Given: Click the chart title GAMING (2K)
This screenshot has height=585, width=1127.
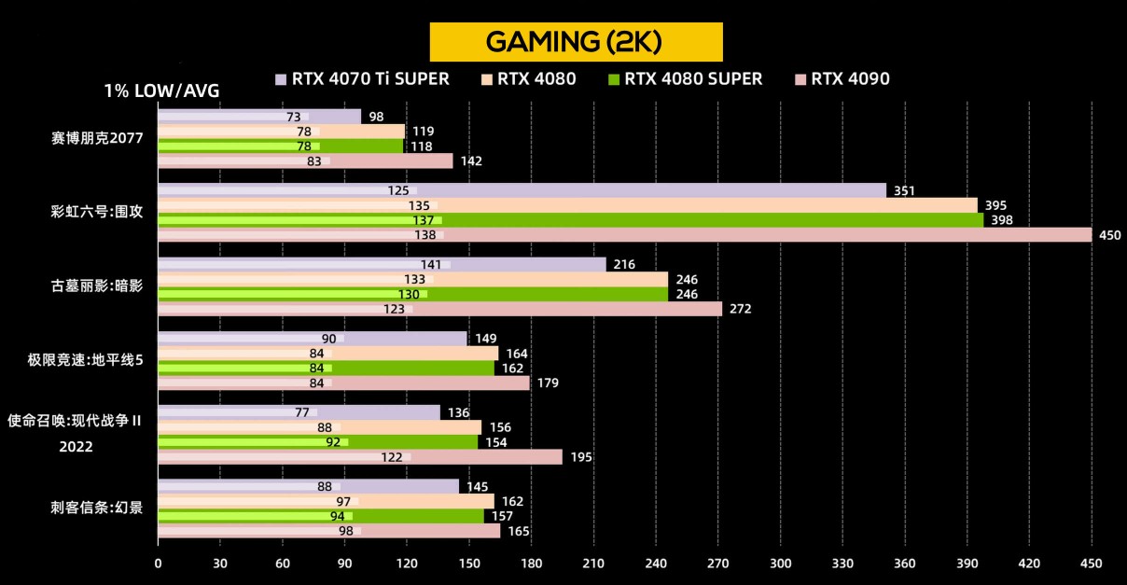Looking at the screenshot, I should (x=576, y=41).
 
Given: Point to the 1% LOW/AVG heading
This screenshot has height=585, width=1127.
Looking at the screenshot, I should (x=162, y=92).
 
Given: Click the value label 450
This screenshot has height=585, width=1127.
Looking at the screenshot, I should (x=1109, y=236).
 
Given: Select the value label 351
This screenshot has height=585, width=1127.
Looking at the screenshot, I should (x=904, y=191).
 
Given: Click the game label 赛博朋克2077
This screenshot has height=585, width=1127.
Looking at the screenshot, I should (x=97, y=139).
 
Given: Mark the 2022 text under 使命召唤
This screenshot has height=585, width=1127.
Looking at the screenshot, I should (x=75, y=448).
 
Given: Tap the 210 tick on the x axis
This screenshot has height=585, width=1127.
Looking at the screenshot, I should (x=593, y=564).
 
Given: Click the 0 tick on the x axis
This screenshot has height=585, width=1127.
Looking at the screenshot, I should (x=158, y=564).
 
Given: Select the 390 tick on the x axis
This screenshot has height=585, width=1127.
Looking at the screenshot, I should (x=967, y=564).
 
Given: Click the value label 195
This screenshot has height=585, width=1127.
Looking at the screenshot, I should (x=580, y=458).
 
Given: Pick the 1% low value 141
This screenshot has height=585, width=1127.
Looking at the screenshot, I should (x=431, y=265).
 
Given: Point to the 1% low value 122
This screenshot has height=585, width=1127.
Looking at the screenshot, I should (x=392, y=458).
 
